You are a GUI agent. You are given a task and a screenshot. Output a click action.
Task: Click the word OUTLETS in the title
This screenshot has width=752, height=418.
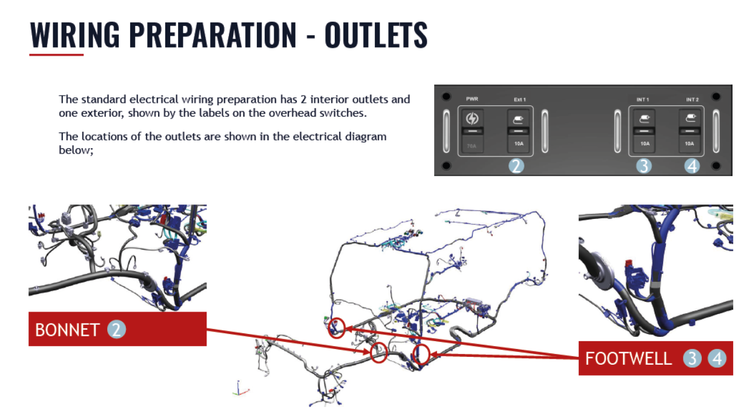click(x=376, y=35)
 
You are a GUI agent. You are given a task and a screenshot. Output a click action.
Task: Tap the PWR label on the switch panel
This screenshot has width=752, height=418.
click(x=472, y=99)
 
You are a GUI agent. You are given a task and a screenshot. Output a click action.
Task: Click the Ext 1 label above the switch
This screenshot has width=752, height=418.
click(x=516, y=99)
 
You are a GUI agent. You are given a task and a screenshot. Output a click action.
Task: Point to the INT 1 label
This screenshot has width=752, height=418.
click(x=642, y=99)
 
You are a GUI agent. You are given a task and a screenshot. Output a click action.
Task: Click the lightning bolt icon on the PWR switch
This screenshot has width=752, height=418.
click(x=472, y=119)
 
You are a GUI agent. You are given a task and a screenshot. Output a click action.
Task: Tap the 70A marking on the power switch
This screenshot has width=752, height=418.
click(x=472, y=145)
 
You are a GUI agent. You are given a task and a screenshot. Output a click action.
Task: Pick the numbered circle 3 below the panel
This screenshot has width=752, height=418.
click(x=644, y=166)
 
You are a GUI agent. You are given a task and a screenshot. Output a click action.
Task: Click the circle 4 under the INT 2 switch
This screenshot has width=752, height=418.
click(x=692, y=166)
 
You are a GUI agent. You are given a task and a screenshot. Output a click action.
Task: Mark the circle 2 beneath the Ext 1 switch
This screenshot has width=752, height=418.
click(x=516, y=166)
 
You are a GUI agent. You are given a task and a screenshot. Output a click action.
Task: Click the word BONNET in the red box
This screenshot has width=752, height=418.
click(x=67, y=330)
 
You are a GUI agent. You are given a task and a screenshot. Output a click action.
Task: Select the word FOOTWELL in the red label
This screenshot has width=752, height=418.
click(x=628, y=359)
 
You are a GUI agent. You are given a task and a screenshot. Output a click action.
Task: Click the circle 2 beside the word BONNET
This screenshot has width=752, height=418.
click(x=117, y=330)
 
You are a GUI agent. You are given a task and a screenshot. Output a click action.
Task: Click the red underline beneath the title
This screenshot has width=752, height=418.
click(x=56, y=55)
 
